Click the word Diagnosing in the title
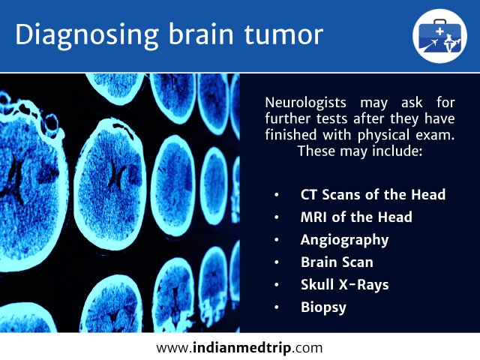pyautogui.click(x=87, y=35)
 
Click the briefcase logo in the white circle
pyautogui.click(x=439, y=36)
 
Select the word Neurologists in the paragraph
pyautogui.click(x=305, y=103)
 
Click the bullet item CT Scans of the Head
pyautogui.click(x=373, y=194)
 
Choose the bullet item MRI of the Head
pyautogui.click(x=356, y=217)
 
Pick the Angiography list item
pyautogui.click(x=344, y=240)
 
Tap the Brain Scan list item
pyautogui.click(x=337, y=262)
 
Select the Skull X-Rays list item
pyautogui.click(x=345, y=285)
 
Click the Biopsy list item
pyautogui.click(x=323, y=307)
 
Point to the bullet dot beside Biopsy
pyautogui.click(x=277, y=307)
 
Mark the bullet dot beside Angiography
pyautogui.click(x=277, y=240)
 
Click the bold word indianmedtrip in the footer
pyautogui.click(x=241, y=348)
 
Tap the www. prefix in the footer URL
pyautogui.click(x=175, y=349)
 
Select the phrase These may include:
pyautogui.click(x=360, y=151)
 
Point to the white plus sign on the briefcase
pyautogui.click(x=439, y=31)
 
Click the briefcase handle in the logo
pyautogui.click(x=440, y=21)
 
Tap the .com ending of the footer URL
pyautogui.click(x=307, y=349)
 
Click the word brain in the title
pyautogui.click(x=201, y=34)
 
